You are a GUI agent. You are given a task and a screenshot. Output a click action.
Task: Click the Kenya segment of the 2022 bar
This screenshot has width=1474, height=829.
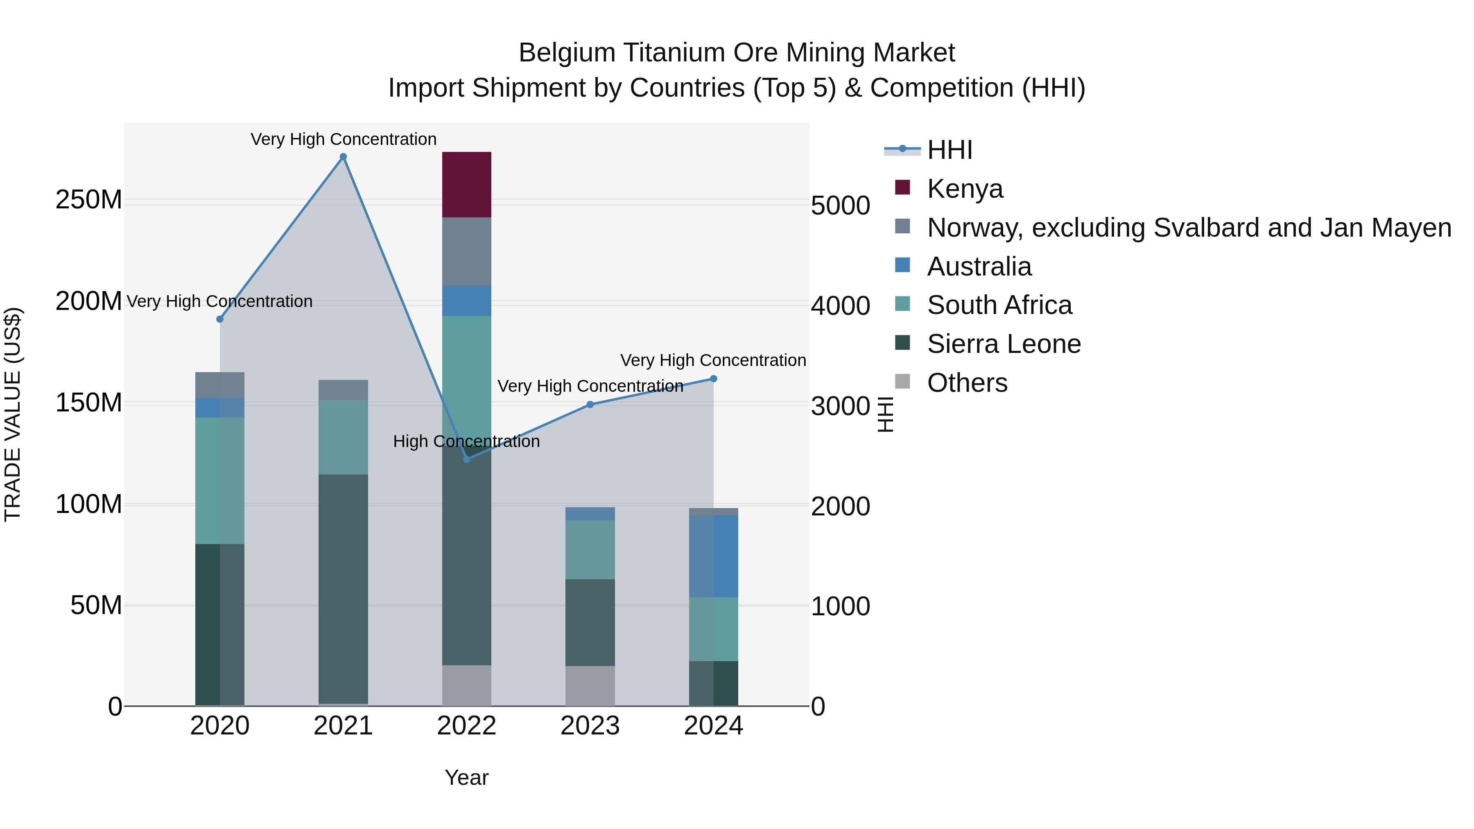click(x=466, y=184)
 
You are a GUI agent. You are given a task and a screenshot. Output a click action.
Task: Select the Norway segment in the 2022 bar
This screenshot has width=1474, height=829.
click(x=466, y=251)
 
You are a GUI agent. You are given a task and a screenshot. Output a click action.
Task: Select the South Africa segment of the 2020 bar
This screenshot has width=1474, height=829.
click(x=220, y=480)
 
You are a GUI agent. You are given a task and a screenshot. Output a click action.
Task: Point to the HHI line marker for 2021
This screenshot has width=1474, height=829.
click(x=344, y=157)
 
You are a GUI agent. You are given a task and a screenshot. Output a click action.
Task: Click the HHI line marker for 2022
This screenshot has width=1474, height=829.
click(x=466, y=459)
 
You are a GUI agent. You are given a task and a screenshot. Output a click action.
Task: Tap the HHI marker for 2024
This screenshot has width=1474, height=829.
click(x=714, y=379)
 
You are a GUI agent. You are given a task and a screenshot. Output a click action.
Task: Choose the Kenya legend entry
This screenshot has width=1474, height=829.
click(x=964, y=188)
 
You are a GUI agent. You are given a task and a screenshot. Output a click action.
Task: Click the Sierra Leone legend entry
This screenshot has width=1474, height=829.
click(x=1003, y=344)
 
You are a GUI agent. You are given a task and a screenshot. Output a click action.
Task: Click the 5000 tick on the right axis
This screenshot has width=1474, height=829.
click(x=840, y=206)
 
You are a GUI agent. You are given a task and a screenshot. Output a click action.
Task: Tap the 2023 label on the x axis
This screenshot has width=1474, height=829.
click(x=590, y=726)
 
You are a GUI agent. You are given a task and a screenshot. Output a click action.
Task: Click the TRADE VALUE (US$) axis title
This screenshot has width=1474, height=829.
click(x=13, y=414)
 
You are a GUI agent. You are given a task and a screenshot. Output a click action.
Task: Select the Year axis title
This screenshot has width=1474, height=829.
click(x=466, y=777)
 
